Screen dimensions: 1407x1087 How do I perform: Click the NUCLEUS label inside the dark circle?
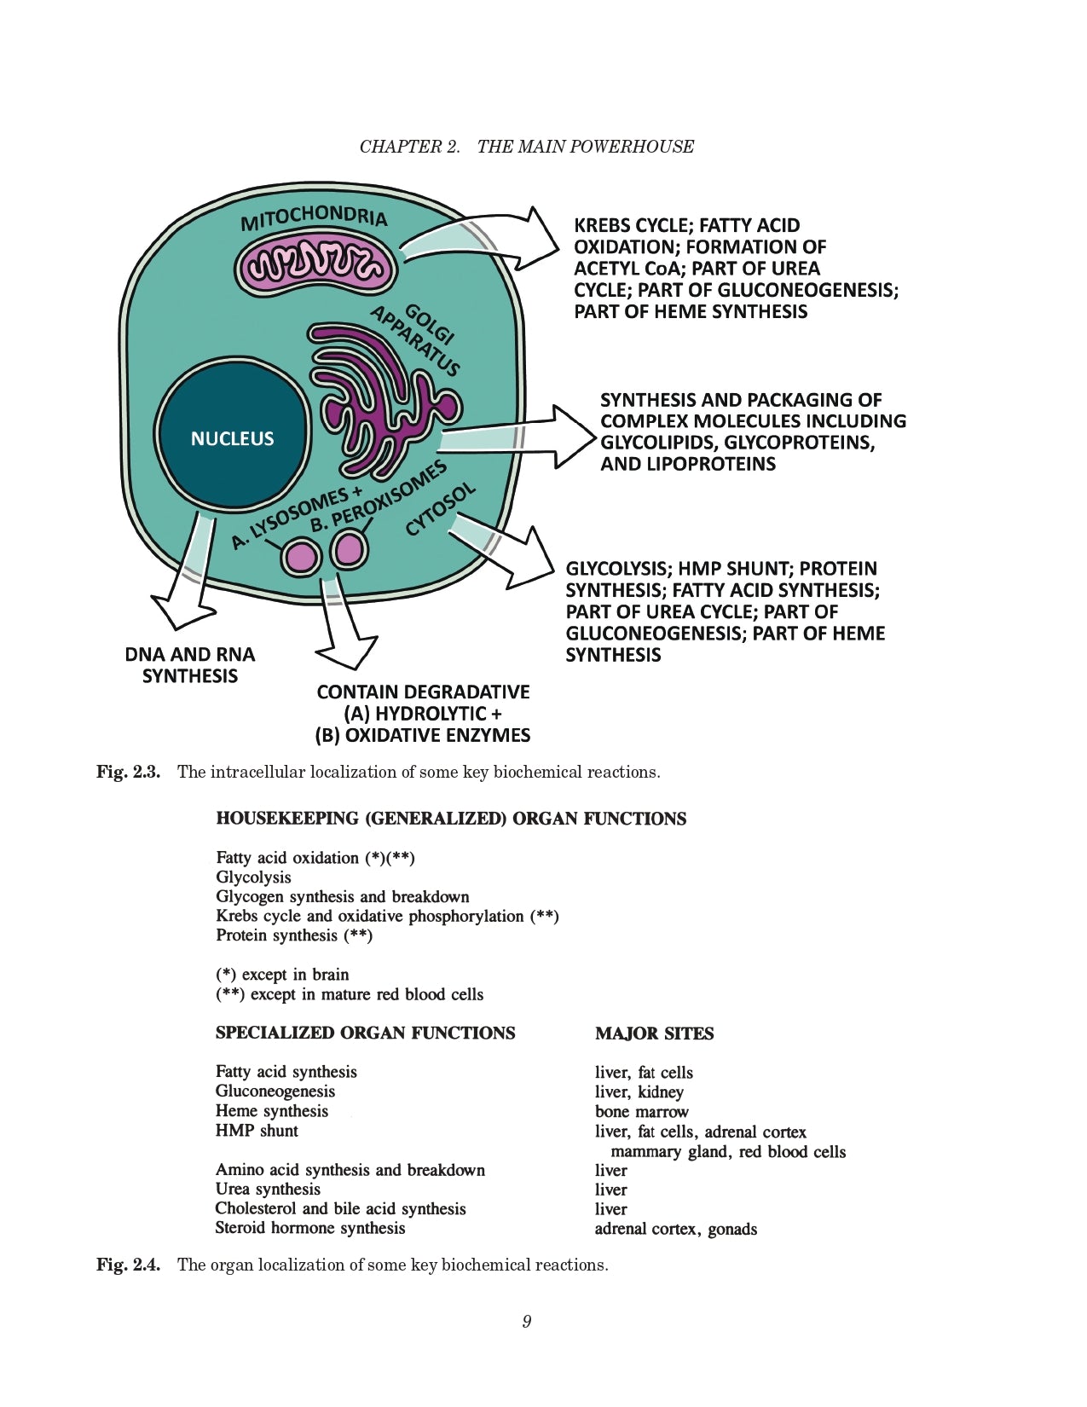(232, 438)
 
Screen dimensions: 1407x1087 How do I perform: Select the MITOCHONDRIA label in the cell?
(314, 217)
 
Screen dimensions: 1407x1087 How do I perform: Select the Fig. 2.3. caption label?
(128, 773)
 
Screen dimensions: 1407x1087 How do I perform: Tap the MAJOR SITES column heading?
(654, 1034)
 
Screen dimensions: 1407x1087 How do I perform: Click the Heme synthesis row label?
(271, 1111)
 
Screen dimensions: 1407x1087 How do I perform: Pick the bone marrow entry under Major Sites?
(641, 1112)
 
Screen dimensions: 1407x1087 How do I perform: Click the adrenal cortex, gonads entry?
(675, 1229)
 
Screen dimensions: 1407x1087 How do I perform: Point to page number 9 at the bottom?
(527, 1322)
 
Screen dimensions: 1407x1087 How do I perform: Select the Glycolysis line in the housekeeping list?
(253, 877)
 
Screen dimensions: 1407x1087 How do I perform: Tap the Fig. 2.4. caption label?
(128, 1265)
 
